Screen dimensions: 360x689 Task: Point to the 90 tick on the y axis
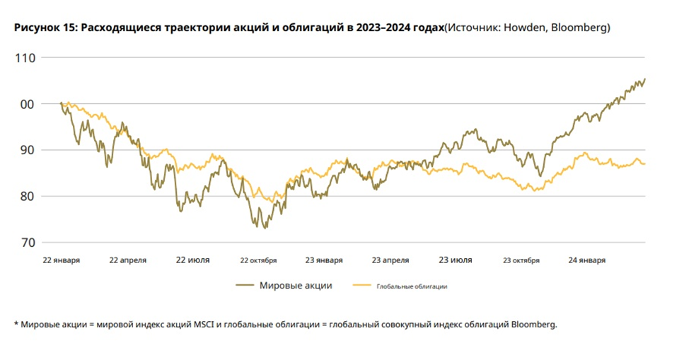pyautogui.click(x=28, y=150)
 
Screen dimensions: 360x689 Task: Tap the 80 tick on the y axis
pyautogui.click(x=28, y=196)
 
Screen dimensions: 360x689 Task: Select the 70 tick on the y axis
pyautogui.click(x=28, y=243)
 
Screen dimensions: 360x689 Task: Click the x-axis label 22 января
pyautogui.click(x=61, y=260)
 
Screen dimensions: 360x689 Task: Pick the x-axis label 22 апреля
pyautogui.click(x=128, y=260)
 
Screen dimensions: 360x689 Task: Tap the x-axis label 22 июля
pyautogui.click(x=192, y=260)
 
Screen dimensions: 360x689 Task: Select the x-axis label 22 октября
pyautogui.click(x=258, y=260)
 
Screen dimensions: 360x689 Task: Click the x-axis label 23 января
pyautogui.click(x=325, y=260)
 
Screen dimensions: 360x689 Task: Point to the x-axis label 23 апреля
pyautogui.click(x=390, y=260)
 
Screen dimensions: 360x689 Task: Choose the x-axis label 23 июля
pyautogui.click(x=456, y=260)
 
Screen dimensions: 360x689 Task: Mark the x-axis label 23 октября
pyautogui.click(x=521, y=260)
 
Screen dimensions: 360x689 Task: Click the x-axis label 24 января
pyautogui.click(x=587, y=260)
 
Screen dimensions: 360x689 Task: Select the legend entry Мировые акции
pyautogui.click(x=296, y=286)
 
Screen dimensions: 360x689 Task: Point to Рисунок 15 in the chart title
pyautogui.click(x=43, y=28)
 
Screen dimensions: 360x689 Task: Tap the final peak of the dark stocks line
pyautogui.click(x=644, y=79)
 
